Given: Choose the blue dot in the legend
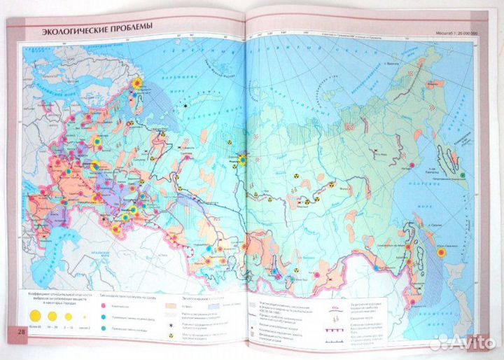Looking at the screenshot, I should pyautogui.click(x=104, y=317).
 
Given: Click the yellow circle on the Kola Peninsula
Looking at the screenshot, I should pyautogui.click(x=138, y=82).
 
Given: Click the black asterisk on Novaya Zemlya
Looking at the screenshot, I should pyautogui.click(x=185, y=105).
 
